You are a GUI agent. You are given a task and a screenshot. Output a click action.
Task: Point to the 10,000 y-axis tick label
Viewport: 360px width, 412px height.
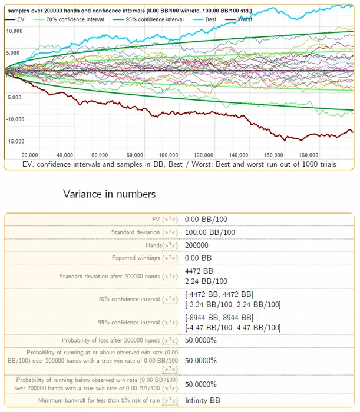click(14, 30)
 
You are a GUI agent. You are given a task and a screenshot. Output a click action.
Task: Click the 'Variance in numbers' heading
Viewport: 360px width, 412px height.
click(109, 194)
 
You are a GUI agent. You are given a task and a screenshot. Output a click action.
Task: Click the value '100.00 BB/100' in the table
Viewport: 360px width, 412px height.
click(210, 232)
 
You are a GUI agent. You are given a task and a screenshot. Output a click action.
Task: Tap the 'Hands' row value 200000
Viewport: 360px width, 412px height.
click(199, 245)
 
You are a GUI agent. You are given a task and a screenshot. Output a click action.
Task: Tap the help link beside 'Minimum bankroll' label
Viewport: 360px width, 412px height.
click(170, 401)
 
